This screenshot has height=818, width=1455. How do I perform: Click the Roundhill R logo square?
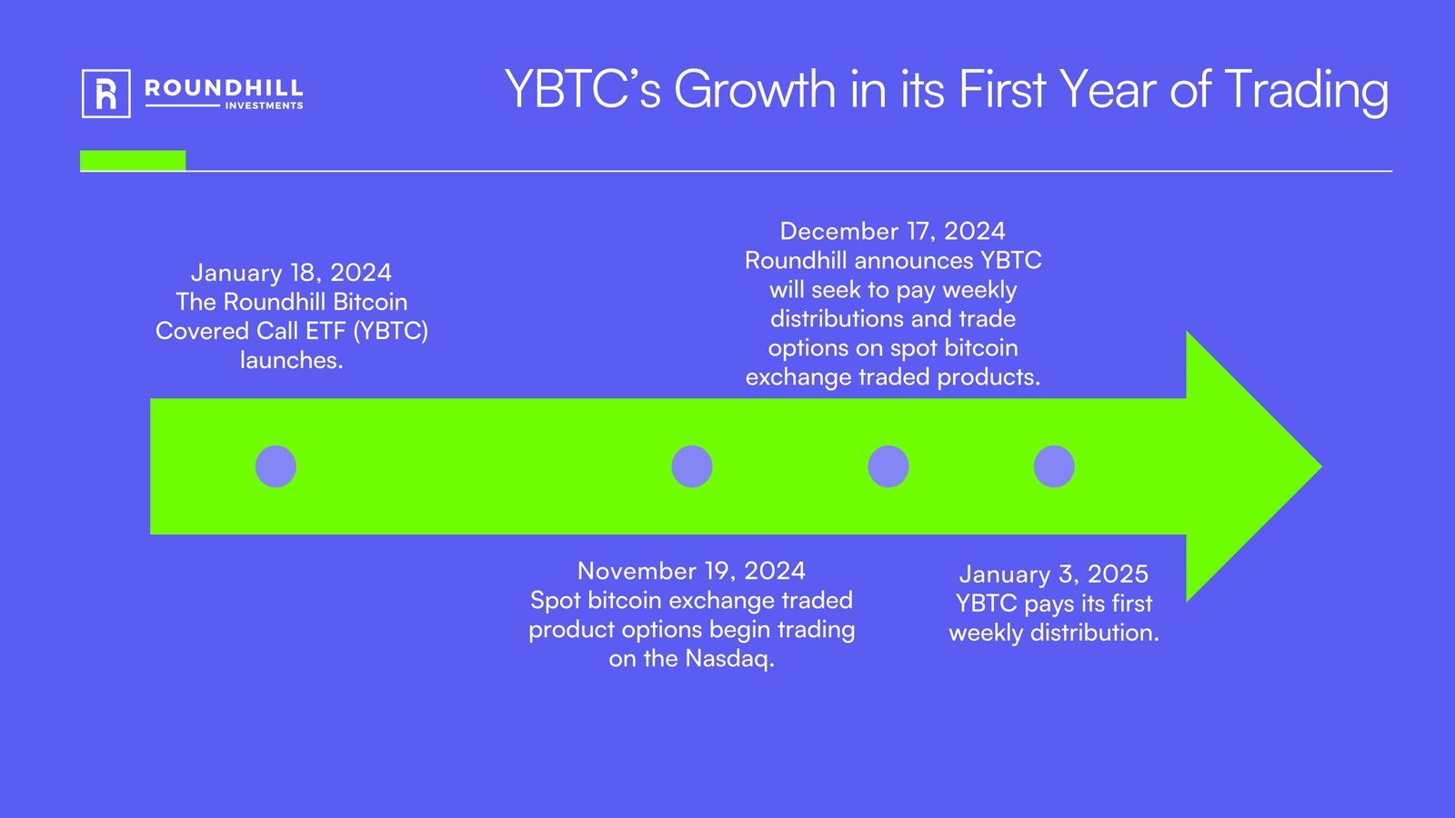pyautogui.click(x=105, y=94)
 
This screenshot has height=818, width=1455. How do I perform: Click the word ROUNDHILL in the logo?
pyautogui.click(x=224, y=88)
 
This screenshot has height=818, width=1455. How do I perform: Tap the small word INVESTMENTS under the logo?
pyautogui.click(x=264, y=106)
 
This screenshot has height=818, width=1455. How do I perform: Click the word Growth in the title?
pyautogui.click(x=754, y=90)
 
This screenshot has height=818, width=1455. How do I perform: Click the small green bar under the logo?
pyautogui.click(x=133, y=161)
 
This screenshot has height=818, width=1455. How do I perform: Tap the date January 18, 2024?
pyautogui.click(x=291, y=273)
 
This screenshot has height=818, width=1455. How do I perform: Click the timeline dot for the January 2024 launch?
pyautogui.click(x=276, y=466)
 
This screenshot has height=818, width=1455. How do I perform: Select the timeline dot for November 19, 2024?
pyautogui.click(x=692, y=466)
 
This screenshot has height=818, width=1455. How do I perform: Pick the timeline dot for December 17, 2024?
pyautogui.click(x=888, y=466)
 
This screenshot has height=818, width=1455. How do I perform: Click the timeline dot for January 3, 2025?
pyautogui.click(x=1054, y=466)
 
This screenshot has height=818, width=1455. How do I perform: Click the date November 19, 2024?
pyautogui.click(x=691, y=571)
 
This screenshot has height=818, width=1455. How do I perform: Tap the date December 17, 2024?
pyautogui.click(x=892, y=231)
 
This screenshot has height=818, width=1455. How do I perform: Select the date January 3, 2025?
pyautogui.click(x=1053, y=574)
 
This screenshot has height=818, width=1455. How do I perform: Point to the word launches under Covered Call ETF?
pyautogui.click(x=291, y=361)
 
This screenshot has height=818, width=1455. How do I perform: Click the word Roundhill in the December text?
pyautogui.click(x=796, y=261)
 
